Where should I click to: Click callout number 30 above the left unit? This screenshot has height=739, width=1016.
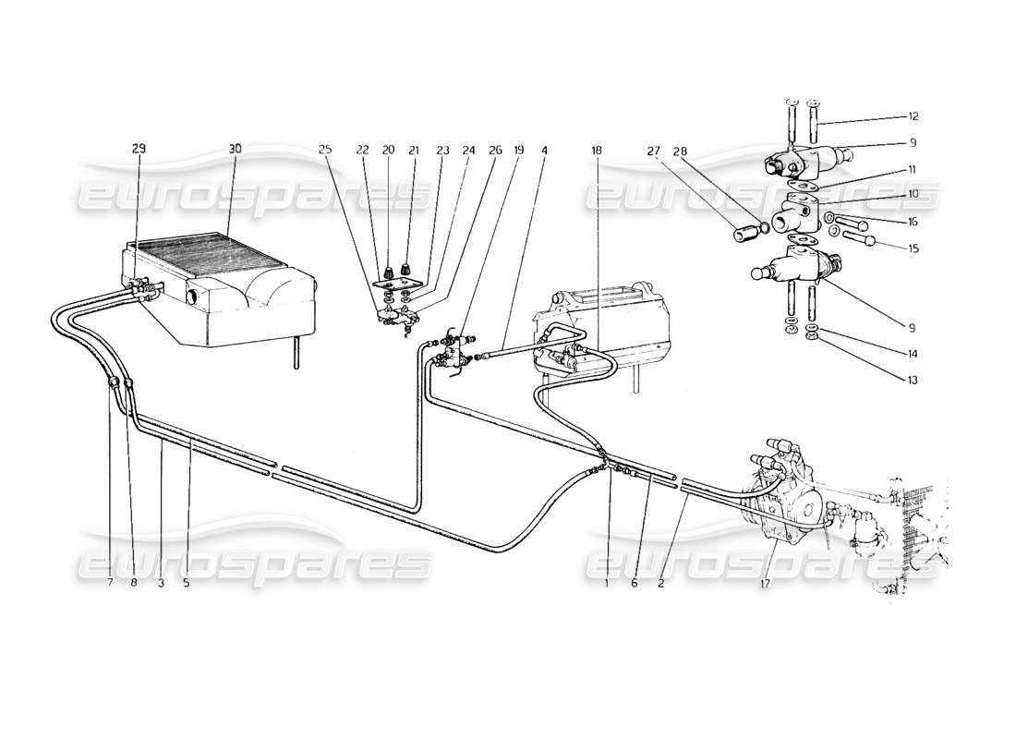(x=235, y=149)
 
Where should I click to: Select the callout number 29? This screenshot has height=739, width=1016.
(x=138, y=149)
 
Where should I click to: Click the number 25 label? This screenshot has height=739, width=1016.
(x=325, y=149)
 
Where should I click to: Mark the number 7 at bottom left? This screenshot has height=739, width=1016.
(x=109, y=584)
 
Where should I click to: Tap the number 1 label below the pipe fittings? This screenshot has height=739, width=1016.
(x=607, y=584)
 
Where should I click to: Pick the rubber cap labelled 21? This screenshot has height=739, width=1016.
(x=406, y=269)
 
